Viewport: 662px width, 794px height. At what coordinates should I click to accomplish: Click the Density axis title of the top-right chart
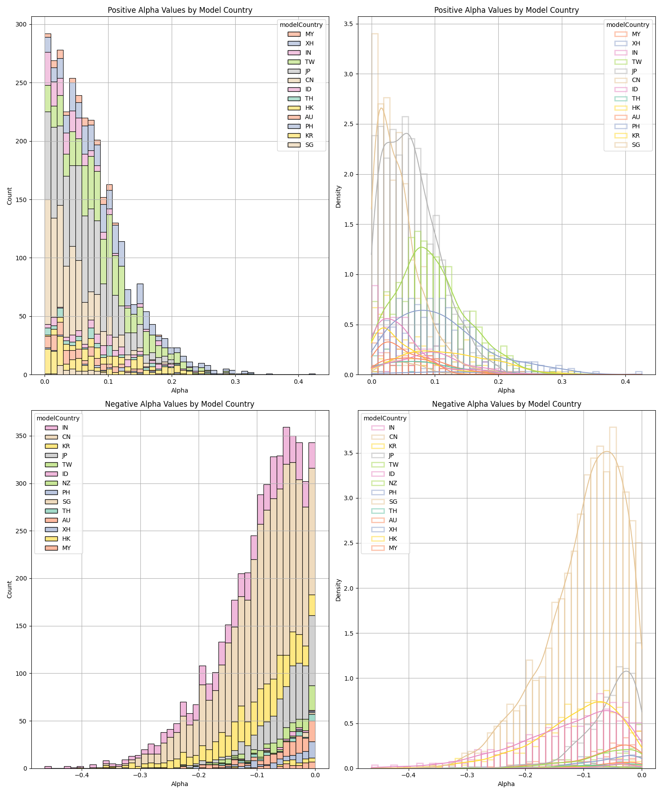pyautogui.click(x=339, y=196)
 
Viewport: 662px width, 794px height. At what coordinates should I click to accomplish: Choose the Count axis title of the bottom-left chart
pyautogui.click(x=10, y=589)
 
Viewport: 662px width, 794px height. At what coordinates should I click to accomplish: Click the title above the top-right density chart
pyautogui.click(x=506, y=10)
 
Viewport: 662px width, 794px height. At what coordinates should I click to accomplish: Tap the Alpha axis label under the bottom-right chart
pyautogui.click(x=506, y=784)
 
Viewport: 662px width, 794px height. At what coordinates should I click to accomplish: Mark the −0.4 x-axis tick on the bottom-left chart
pyautogui.click(x=81, y=775)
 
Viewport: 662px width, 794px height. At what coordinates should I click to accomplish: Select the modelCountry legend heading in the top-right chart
pyautogui.click(x=628, y=25)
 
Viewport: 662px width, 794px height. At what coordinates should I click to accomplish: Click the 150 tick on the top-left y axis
pyautogui.click(x=21, y=200)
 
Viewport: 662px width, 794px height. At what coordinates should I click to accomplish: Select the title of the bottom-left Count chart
pyautogui.click(x=180, y=404)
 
